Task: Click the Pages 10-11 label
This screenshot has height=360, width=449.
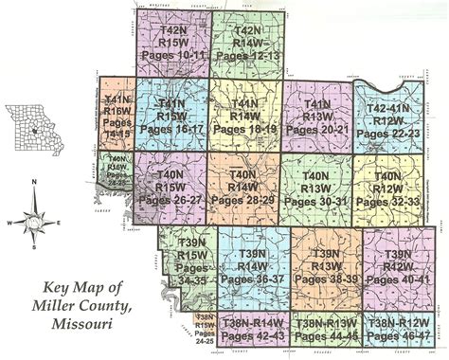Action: [x=172, y=56]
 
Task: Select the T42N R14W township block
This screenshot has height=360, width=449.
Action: [x=246, y=43]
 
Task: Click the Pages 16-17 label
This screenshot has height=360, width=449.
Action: [x=171, y=126]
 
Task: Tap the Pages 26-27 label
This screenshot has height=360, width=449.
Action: [x=171, y=200]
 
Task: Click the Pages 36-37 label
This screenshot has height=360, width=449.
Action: [x=254, y=279]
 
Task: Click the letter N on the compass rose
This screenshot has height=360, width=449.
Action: [x=36, y=180]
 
